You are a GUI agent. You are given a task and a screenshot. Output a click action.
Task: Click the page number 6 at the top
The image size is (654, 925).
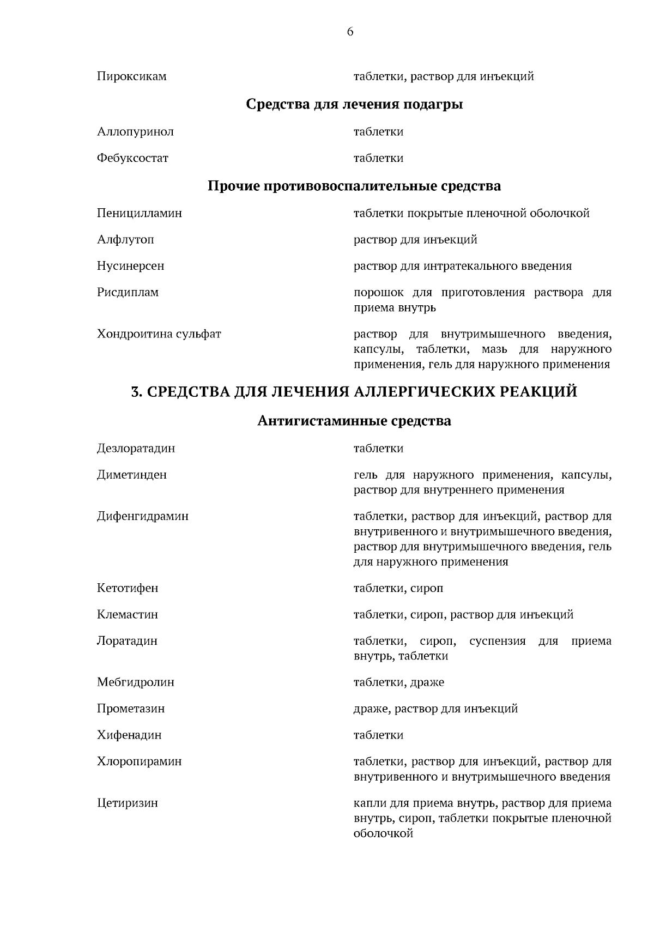point(350,32)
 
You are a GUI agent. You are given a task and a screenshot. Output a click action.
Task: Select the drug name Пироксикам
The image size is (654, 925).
point(132,77)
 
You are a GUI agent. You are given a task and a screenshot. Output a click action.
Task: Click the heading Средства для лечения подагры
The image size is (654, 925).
point(354,104)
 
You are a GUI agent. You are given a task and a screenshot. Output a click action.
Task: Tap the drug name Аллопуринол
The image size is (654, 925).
point(135,132)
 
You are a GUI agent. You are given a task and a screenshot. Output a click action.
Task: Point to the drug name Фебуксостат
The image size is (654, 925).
point(132,159)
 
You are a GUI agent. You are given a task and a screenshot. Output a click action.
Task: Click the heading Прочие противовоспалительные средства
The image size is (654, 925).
point(354,186)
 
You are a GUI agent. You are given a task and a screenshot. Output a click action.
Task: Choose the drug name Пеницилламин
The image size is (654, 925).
point(140,213)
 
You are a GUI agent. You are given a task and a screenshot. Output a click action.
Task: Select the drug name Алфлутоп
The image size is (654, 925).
point(125,240)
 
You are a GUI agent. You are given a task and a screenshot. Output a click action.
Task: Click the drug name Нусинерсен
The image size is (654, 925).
point(130,267)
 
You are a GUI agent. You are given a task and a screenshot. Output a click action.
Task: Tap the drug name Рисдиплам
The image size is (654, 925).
point(128,293)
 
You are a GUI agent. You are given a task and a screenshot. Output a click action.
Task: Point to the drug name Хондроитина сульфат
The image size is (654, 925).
point(159,334)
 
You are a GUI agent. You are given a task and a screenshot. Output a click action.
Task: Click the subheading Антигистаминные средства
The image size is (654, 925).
point(354,421)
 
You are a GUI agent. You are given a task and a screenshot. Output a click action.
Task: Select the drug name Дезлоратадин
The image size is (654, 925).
point(136,449)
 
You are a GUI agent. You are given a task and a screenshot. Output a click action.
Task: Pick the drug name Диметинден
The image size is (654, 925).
point(132,475)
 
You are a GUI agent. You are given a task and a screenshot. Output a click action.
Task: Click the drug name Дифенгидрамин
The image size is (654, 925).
point(143,516)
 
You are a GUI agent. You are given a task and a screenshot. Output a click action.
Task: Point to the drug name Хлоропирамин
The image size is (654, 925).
point(140,761)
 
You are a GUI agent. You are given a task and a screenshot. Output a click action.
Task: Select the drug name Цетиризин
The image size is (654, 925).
point(128,803)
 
